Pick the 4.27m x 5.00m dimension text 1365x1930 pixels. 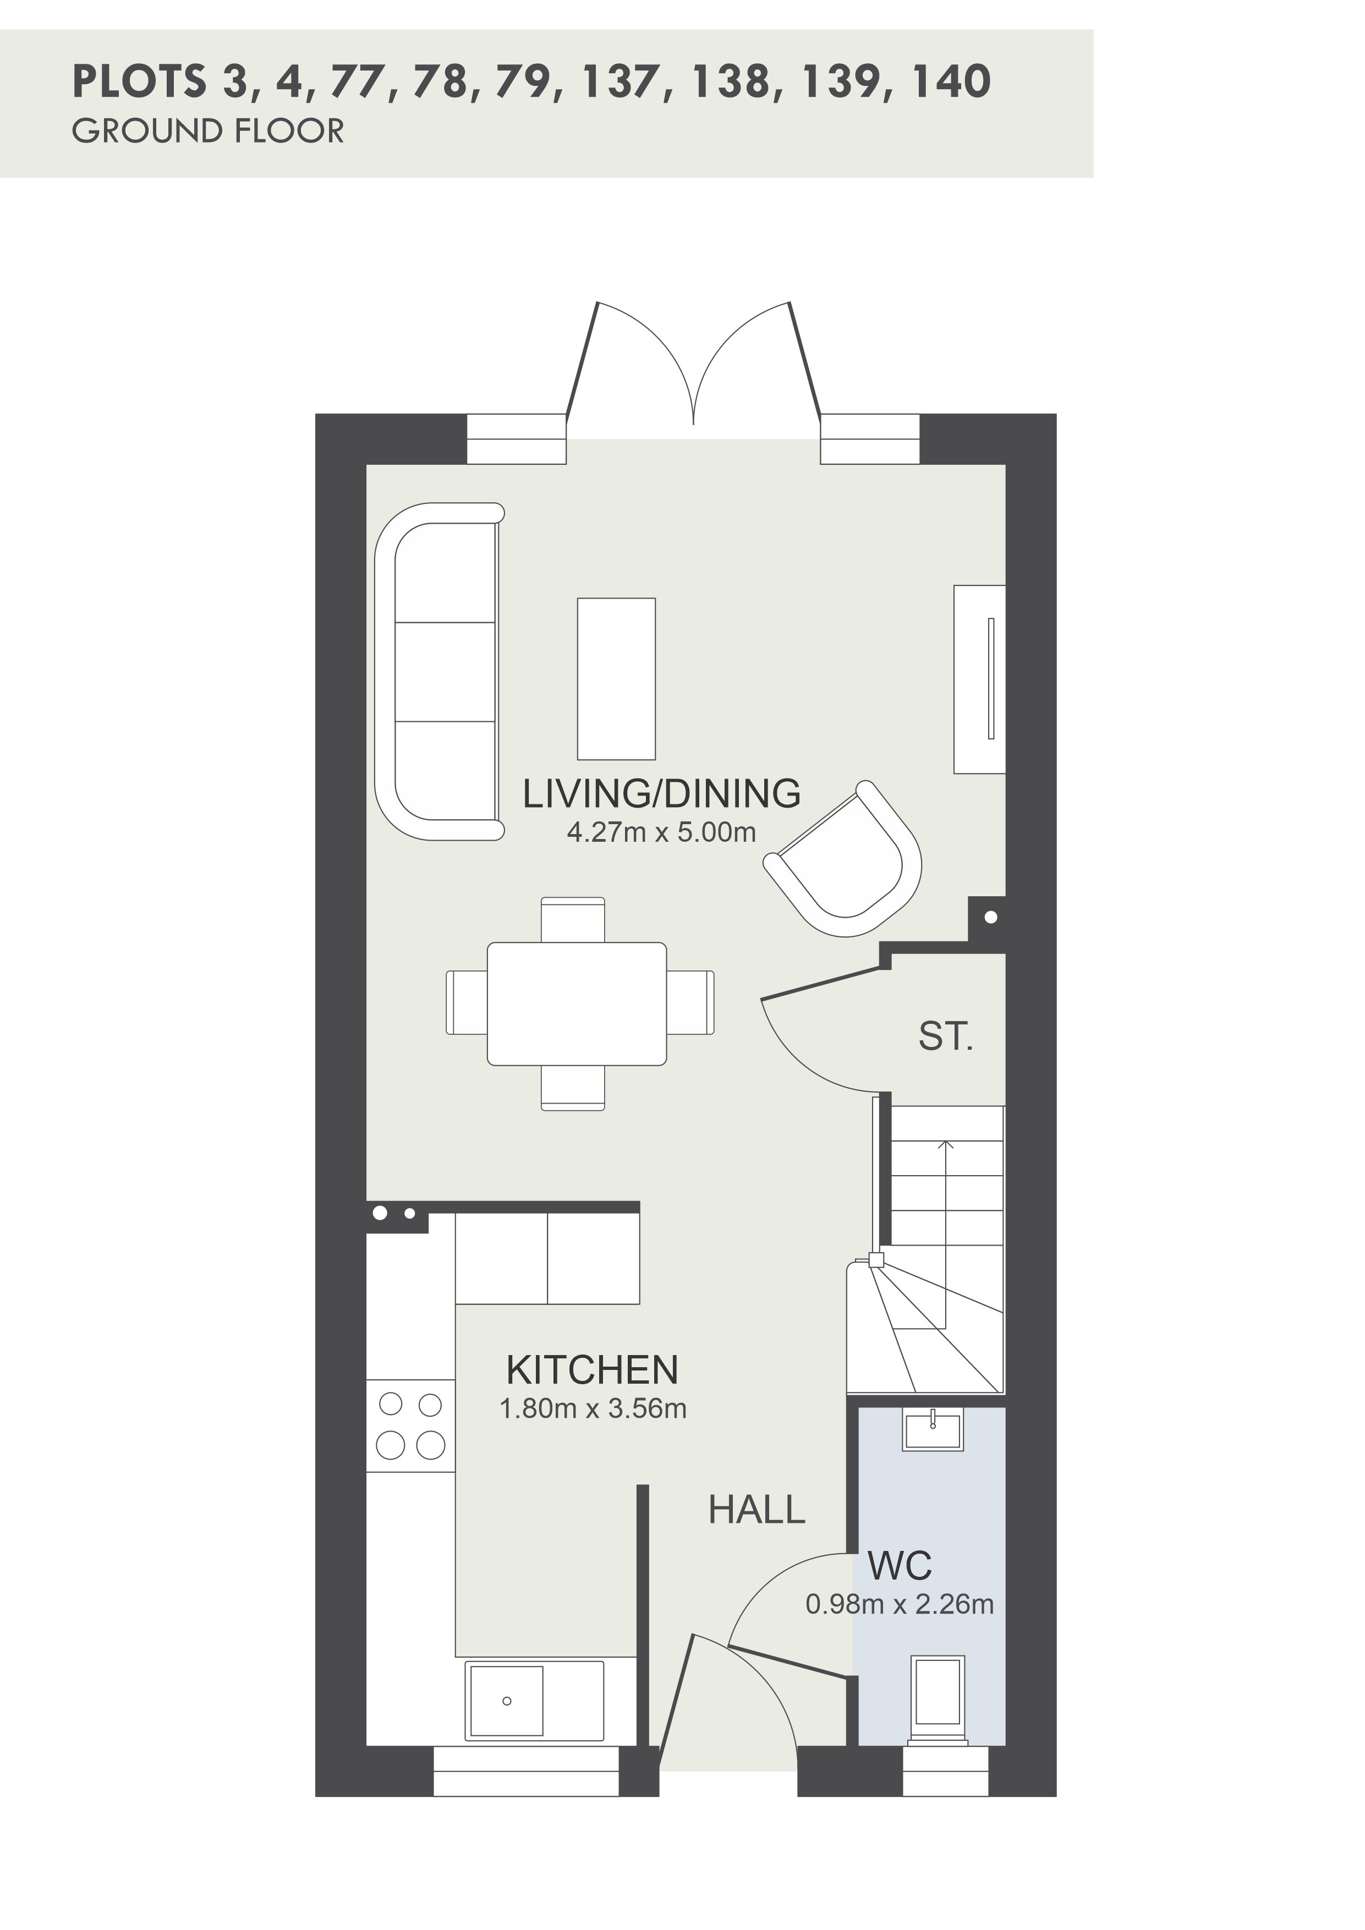click(661, 832)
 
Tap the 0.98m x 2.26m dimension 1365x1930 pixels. click(900, 1604)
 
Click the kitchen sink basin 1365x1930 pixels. click(506, 1701)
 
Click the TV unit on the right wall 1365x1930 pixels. click(979, 678)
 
